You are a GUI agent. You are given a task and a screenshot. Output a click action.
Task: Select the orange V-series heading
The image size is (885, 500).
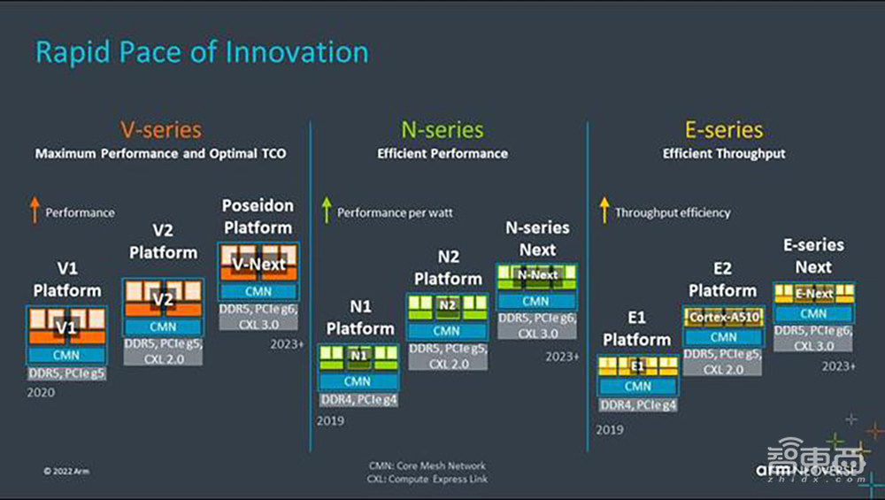tap(160, 130)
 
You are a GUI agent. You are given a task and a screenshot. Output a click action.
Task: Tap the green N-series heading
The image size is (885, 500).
tap(442, 130)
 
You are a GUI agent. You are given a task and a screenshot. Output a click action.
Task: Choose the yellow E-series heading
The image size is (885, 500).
tap(724, 130)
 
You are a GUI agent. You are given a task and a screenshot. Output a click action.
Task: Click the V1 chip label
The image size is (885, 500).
tap(67, 328)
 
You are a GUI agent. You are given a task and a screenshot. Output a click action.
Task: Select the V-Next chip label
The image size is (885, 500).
tap(258, 264)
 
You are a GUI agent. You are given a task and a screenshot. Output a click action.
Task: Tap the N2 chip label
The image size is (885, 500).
tap(447, 305)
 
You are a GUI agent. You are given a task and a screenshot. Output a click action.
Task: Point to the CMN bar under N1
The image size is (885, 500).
tap(358, 381)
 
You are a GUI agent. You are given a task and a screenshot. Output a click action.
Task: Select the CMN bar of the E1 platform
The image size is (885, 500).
tap(637, 386)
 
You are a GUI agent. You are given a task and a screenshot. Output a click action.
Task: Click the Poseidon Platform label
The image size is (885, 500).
tap(258, 217)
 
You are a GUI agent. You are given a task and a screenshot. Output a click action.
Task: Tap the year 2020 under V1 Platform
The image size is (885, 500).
tap(41, 392)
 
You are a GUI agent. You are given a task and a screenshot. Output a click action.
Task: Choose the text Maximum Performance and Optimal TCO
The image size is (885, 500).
tap(160, 153)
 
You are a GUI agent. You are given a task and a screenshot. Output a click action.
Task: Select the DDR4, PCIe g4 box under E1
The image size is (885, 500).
tap(637, 405)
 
